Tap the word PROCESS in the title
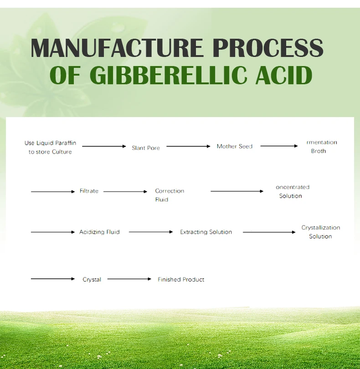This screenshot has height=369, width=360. click(x=268, y=48)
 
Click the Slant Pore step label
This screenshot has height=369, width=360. click(x=146, y=148)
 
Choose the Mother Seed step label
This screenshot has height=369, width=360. click(x=235, y=146)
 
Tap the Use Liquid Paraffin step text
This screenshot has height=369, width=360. click(x=50, y=147)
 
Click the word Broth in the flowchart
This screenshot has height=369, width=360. click(x=319, y=151)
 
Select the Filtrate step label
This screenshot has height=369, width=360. click(x=89, y=191)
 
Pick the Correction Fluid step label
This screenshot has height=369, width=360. click(x=170, y=195)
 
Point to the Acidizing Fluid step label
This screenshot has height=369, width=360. click(x=99, y=232)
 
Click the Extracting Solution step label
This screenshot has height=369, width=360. click(x=206, y=232)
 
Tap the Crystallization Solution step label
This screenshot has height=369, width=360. click(x=321, y=232)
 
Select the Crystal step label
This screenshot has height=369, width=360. click(x=92, y=279)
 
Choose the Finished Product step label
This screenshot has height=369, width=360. click(x=181, y=279)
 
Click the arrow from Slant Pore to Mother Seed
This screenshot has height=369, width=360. click(x=188, y=146)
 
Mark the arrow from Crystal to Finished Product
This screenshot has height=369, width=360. click(x=129, y=279)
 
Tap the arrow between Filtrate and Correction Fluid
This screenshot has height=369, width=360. click(x=125, y=191)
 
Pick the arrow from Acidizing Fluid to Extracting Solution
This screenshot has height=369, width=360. click(x=151, y=232)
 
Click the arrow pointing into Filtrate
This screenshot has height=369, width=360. click(x=53, y=191)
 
